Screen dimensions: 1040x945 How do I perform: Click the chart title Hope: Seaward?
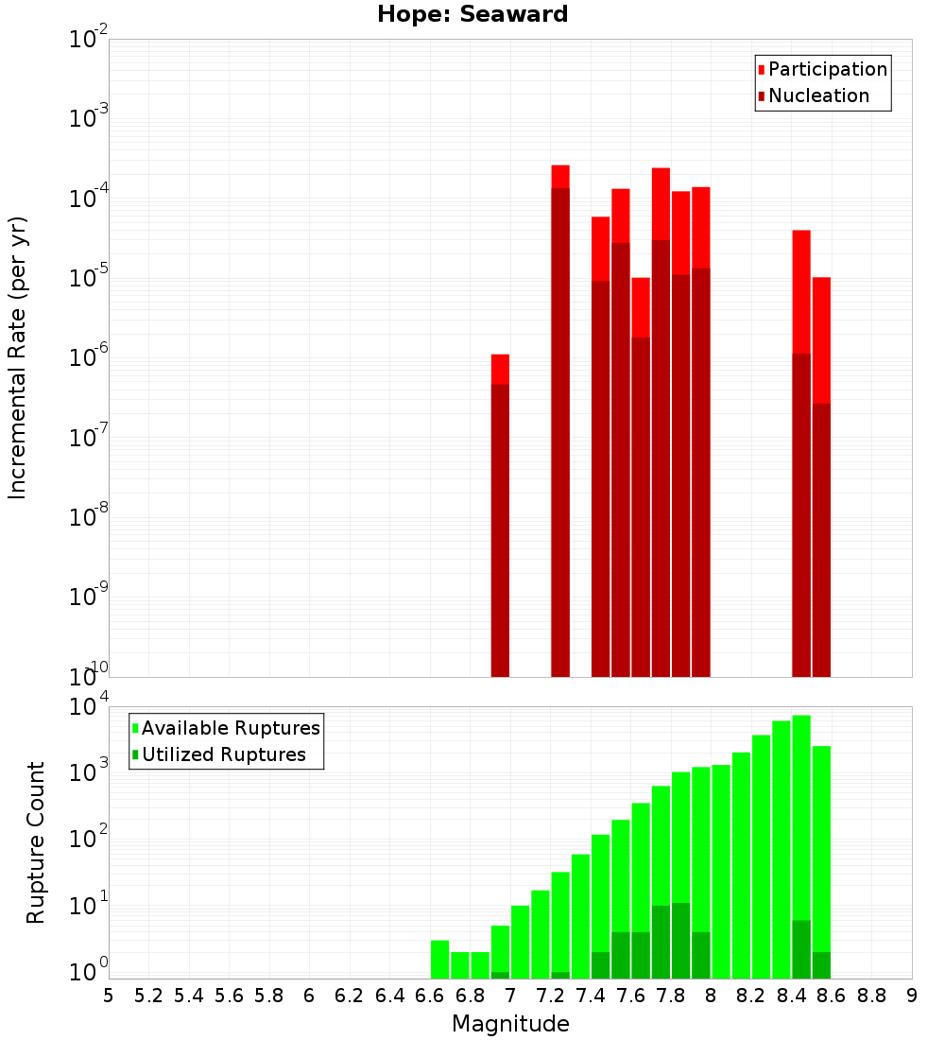tap(472, 15)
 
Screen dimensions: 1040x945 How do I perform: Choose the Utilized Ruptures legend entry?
tap(223, 754)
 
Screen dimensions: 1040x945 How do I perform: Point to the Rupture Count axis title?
tap(36, 842)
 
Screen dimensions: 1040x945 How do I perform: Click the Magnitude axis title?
tap(510, 1024)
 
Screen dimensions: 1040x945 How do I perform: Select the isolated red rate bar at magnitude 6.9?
tap(500, 515)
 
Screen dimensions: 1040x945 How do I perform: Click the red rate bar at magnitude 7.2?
tap(560, 421)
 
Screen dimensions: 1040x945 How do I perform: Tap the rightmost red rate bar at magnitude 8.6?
tap(821, 477)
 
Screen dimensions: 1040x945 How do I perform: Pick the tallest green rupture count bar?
tap(801, 846)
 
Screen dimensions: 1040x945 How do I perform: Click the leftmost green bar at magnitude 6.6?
tap(439, 959)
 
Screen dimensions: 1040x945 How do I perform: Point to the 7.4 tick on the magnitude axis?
tap(591, 995)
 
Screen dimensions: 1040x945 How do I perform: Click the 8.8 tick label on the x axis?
tap(871, 995)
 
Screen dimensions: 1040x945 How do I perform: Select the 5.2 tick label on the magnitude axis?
tap(148, 995)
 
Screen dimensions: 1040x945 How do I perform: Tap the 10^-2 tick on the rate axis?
tap(89, 40)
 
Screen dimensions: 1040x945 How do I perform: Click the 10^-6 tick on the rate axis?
tap(89, 358)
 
